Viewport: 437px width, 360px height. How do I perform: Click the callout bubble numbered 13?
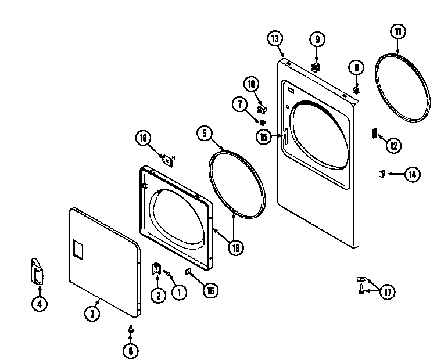point(275,39)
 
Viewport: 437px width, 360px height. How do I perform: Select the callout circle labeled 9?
point(317,39)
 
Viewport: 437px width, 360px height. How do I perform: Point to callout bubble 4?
point(39,304)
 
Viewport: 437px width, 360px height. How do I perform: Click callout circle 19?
point(143,138)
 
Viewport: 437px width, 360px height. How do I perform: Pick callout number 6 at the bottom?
point(131,351)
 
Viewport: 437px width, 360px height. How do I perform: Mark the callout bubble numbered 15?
point(264,136)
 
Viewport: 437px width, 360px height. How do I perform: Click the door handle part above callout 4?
point(36,272)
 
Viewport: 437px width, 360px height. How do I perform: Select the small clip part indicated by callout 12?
point(375,134)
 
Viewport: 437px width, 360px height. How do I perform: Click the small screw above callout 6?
point(131,329)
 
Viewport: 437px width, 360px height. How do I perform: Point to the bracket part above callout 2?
point(156,268)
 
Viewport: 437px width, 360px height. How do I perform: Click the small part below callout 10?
point(262,108)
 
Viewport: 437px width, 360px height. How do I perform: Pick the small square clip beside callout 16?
point(188,271)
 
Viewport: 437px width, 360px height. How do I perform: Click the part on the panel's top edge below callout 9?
point(315,67)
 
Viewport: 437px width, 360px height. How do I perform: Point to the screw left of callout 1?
point(167,273)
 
